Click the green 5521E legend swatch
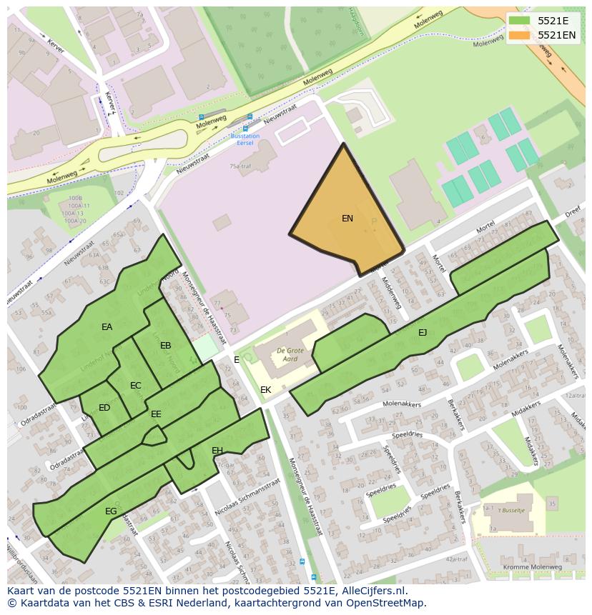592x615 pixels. click(x=520, y=21)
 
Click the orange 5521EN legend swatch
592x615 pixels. click(x=520, y=35)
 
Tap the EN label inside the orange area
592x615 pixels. click(x=347, y=219)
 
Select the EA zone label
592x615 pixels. click(x=107, y=327)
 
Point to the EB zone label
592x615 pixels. click(x=166, y=346)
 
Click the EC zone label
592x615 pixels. click(x=136, y=386)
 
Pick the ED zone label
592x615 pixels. click(x=104, y=408)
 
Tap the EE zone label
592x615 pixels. click(x=156, y=414)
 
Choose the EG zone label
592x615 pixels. click(x=111, y=511)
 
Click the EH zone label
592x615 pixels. click(x=217, y=450)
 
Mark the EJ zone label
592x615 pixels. click(x=423, y=332)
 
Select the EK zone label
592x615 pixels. click(x=265, y=390)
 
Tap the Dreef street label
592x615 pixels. click(x=572, y=212)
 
